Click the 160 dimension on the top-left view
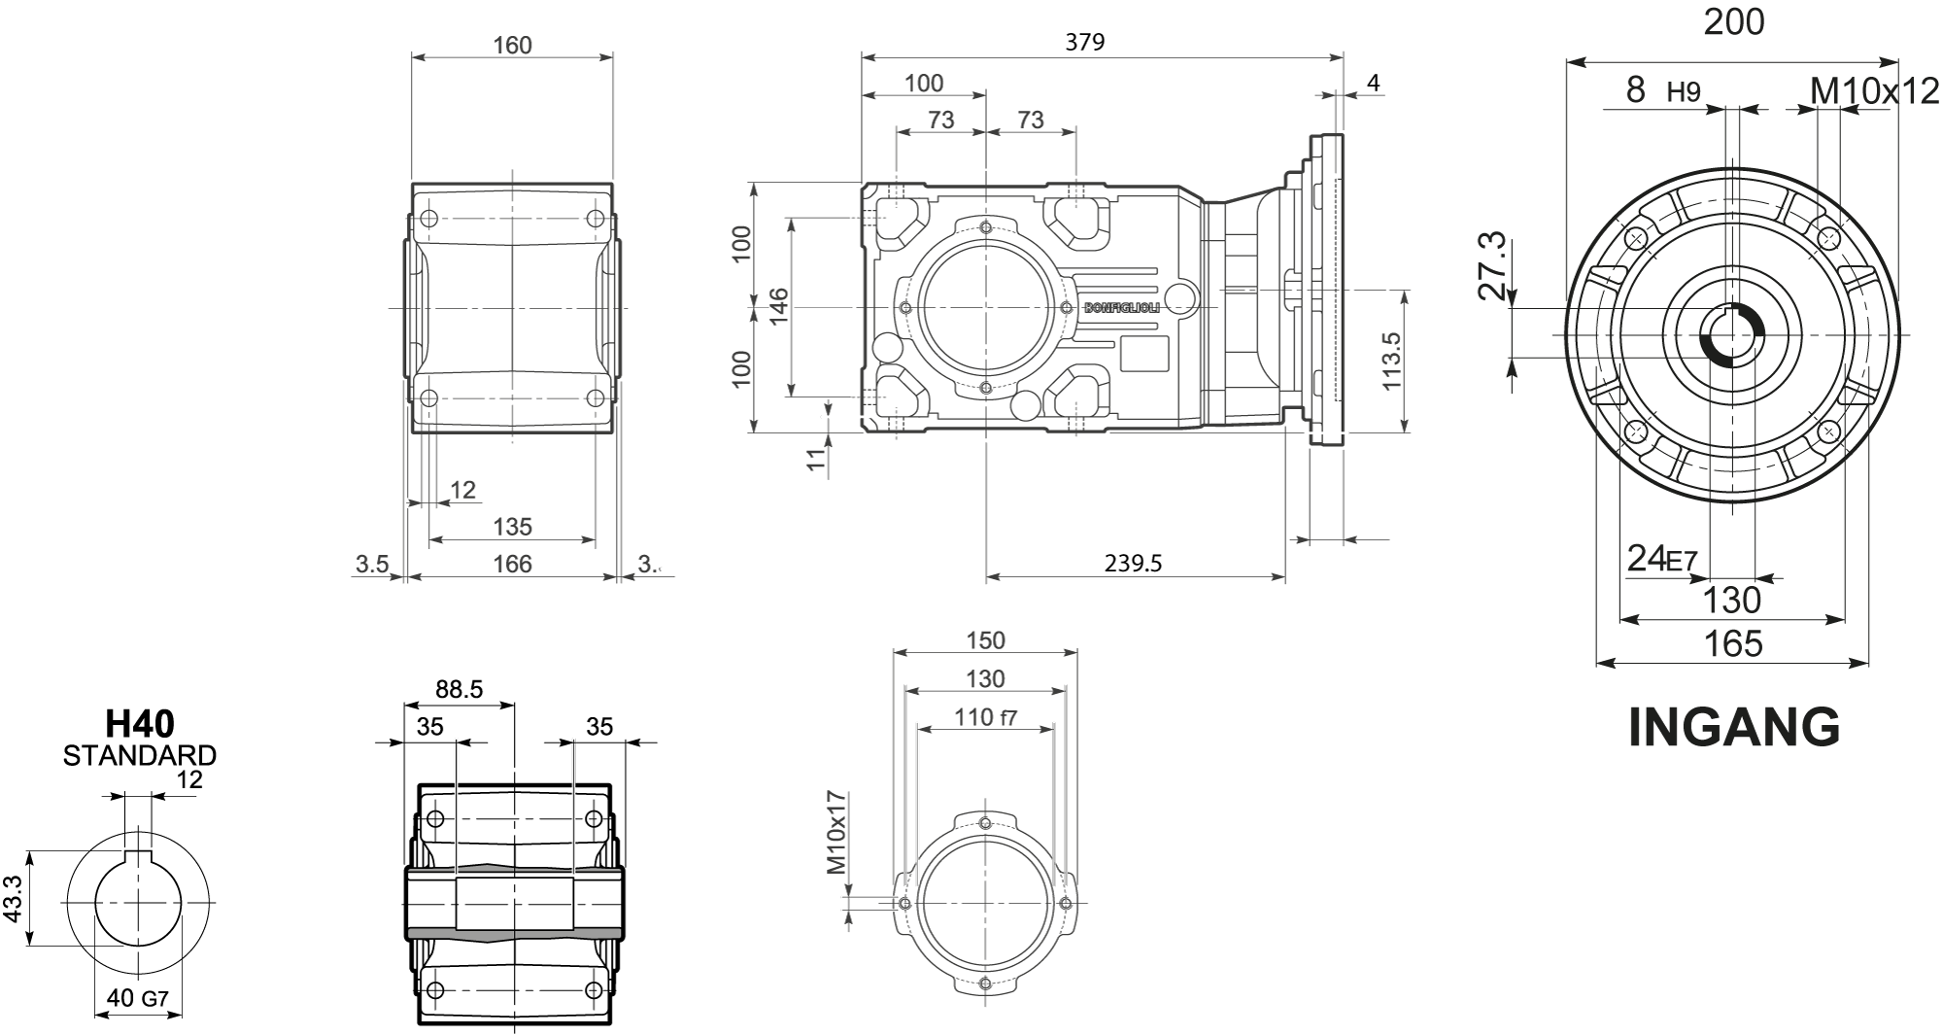tap(512, 45)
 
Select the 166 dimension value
tap(512, 564)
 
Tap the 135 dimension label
tap(512, 527)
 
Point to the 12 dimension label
tap(463, 490)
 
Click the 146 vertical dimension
tap(778, 307)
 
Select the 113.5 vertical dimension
tap(1391, 362)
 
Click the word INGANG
tap(1733, 728)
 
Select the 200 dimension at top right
tap(1733, 22)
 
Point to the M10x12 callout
tap(1874, 91)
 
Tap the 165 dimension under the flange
tap(1733, 643)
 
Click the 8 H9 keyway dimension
tap(1662, 91)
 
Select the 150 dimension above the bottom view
tap(985, 640)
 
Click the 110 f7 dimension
tap(985, 718)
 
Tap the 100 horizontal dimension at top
tap(923, 84)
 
